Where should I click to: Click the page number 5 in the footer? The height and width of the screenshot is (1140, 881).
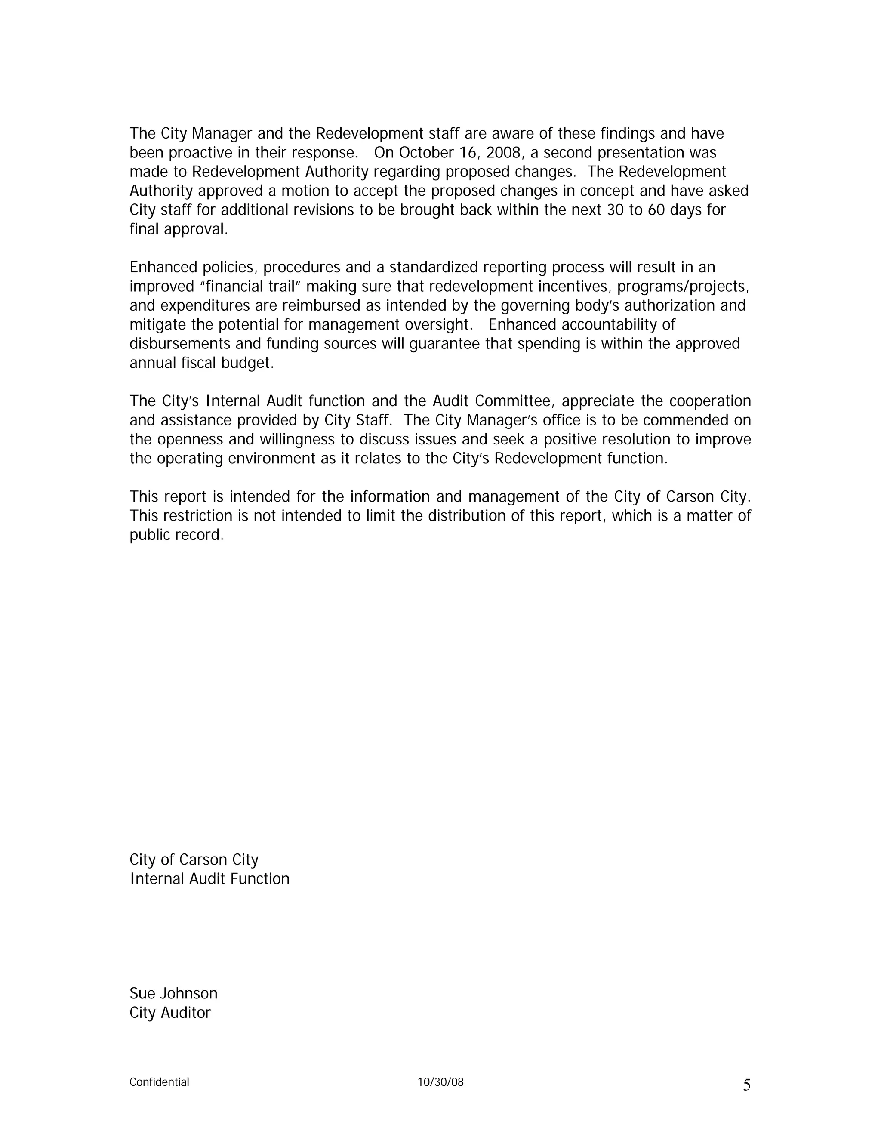point(746,1085)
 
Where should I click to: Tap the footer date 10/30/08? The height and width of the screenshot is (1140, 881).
point(440,1082)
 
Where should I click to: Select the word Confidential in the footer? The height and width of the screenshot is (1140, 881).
point(159,1082)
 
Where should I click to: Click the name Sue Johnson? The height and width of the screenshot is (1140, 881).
point(173,993)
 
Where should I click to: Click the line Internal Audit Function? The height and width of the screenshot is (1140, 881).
point(209,879)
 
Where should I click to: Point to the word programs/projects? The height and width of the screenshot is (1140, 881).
point(683,286)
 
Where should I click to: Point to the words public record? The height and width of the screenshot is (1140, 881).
point(176,535)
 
